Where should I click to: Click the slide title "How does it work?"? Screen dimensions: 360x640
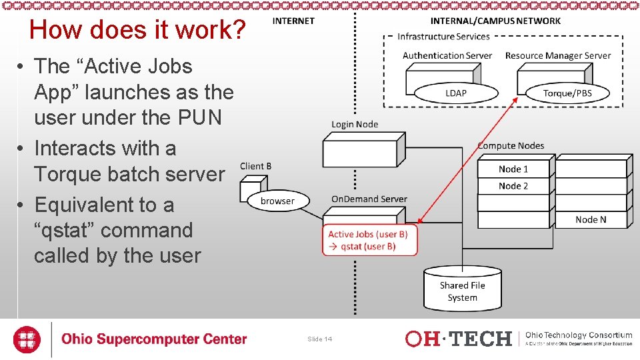pos(138,30)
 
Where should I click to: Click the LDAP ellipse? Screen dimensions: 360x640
pos(456,93)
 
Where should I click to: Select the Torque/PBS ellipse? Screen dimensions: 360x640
pos(567,93)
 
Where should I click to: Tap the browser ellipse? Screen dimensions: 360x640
pos(277,201)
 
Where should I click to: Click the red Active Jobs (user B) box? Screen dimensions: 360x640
pos(369,240)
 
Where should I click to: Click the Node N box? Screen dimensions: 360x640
pos(591,219)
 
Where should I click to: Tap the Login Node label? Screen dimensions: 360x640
pos(355,124)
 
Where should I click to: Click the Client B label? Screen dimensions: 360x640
pos(255,166)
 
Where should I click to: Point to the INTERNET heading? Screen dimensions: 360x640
pos(293,21)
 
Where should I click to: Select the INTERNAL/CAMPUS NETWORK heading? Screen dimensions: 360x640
pos(495,21)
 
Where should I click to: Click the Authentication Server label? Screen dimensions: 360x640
pos(447,55)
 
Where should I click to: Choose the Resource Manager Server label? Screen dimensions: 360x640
pos(558,55)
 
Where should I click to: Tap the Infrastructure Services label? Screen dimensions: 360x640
pos(443,37)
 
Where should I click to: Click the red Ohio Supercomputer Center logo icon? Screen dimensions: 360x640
pos(27,339)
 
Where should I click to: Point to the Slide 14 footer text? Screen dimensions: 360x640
pos(320,339)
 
